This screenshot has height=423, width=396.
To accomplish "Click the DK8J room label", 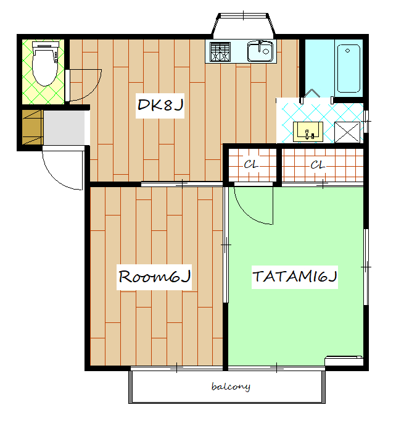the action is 160,105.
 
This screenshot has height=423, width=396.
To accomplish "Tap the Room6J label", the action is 155,277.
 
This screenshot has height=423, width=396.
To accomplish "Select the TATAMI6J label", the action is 295,276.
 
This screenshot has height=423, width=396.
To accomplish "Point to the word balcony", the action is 231,387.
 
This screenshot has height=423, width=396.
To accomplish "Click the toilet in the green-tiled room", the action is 45,64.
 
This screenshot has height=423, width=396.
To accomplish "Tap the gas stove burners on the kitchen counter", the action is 220,51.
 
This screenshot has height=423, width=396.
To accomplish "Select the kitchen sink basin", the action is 260,51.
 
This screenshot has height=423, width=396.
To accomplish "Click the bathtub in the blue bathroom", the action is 349,69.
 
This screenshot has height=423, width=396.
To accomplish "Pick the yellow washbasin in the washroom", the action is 308,132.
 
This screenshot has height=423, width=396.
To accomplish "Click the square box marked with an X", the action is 347,132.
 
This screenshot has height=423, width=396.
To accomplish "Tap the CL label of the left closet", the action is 251,164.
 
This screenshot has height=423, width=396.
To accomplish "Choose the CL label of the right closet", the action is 318,164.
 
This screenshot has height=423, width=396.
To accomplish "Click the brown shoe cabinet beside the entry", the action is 33,127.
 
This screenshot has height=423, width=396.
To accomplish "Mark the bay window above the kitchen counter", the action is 243,25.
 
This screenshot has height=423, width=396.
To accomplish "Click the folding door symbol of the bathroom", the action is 311,93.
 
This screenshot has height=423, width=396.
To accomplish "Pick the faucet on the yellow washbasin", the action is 307,134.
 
